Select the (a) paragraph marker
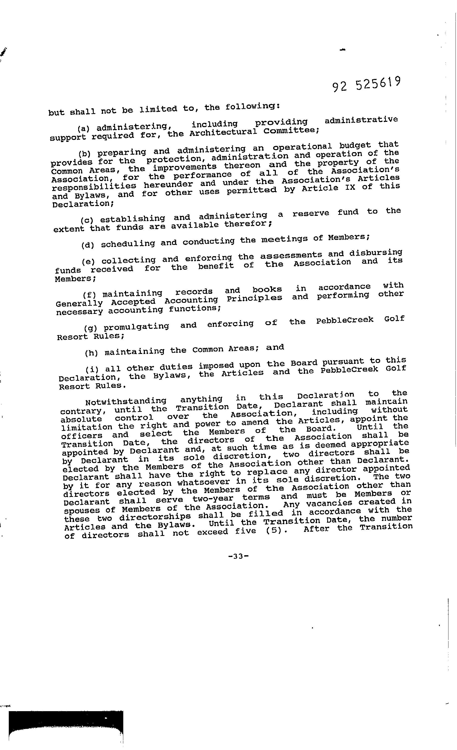[x=83, y=128]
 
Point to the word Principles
[x=254, y=298]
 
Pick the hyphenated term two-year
[x=213, y=499]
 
